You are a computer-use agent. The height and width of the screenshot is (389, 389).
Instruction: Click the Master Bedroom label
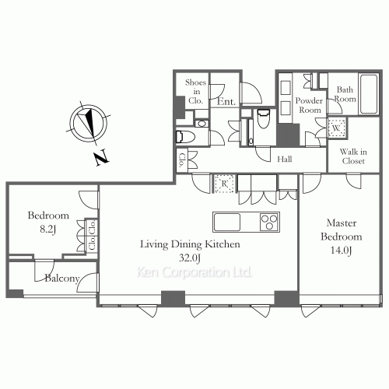coord(342,230)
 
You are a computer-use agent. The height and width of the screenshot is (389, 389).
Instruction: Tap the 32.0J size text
coord(190,258)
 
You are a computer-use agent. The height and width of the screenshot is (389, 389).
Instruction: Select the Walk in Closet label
coord(353,156)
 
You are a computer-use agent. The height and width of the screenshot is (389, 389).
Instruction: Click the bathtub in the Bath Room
coord(369,94)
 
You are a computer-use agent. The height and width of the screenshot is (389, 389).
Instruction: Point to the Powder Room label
coord(310,105)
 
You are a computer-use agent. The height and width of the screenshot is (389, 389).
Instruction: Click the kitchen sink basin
coord(226,222)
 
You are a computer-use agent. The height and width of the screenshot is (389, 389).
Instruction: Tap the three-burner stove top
coord(269,222)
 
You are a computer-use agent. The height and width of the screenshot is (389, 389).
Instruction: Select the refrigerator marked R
coord(224,184)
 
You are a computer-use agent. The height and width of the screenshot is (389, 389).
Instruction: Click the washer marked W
coord(336,128)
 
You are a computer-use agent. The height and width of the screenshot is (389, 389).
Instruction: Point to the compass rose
coord(89,123)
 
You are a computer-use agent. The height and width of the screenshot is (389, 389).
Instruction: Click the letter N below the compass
coord(101,157)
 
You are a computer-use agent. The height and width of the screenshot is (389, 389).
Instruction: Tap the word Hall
coord(285,159)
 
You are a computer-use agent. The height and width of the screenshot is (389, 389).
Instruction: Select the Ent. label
coord(226,101)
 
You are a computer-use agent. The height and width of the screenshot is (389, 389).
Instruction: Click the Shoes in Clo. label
coord(196,91)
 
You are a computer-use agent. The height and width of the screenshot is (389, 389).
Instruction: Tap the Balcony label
coord(62,279)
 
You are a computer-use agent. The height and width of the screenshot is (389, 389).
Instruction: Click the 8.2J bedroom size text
coord(48,229)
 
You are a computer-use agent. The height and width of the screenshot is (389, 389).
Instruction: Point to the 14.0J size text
coord(342,251)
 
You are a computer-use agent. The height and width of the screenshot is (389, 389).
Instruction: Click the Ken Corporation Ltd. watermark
coord(194,272)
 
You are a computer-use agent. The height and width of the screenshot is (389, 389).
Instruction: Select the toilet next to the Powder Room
coord(264,118)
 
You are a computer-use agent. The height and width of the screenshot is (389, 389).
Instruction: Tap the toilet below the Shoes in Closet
coord(186,137)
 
